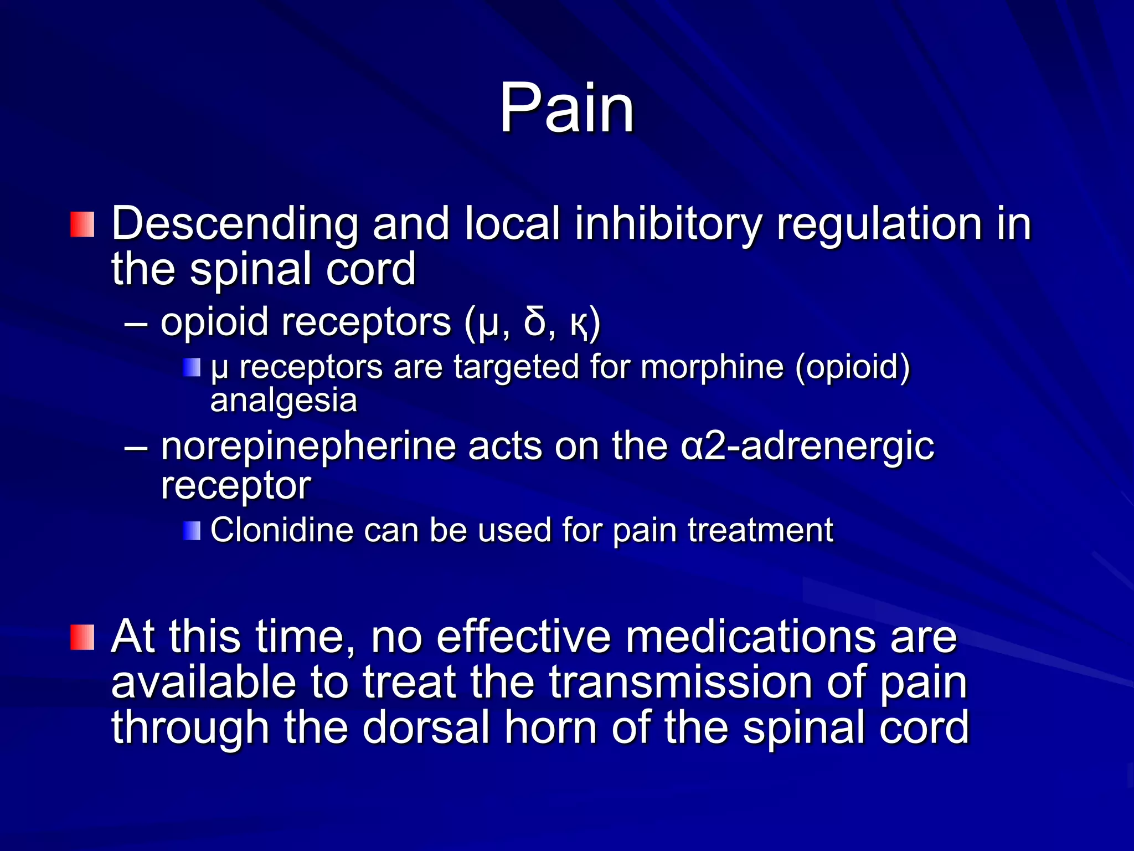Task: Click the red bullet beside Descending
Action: [x=83, y=224]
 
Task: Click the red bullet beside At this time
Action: [x=83, y=637]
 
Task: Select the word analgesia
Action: [x=284, y=401]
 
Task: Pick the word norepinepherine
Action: [x=308, y=447]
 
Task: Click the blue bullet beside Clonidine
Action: [x=192, y=531]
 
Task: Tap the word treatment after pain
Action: [x=761, y=530]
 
